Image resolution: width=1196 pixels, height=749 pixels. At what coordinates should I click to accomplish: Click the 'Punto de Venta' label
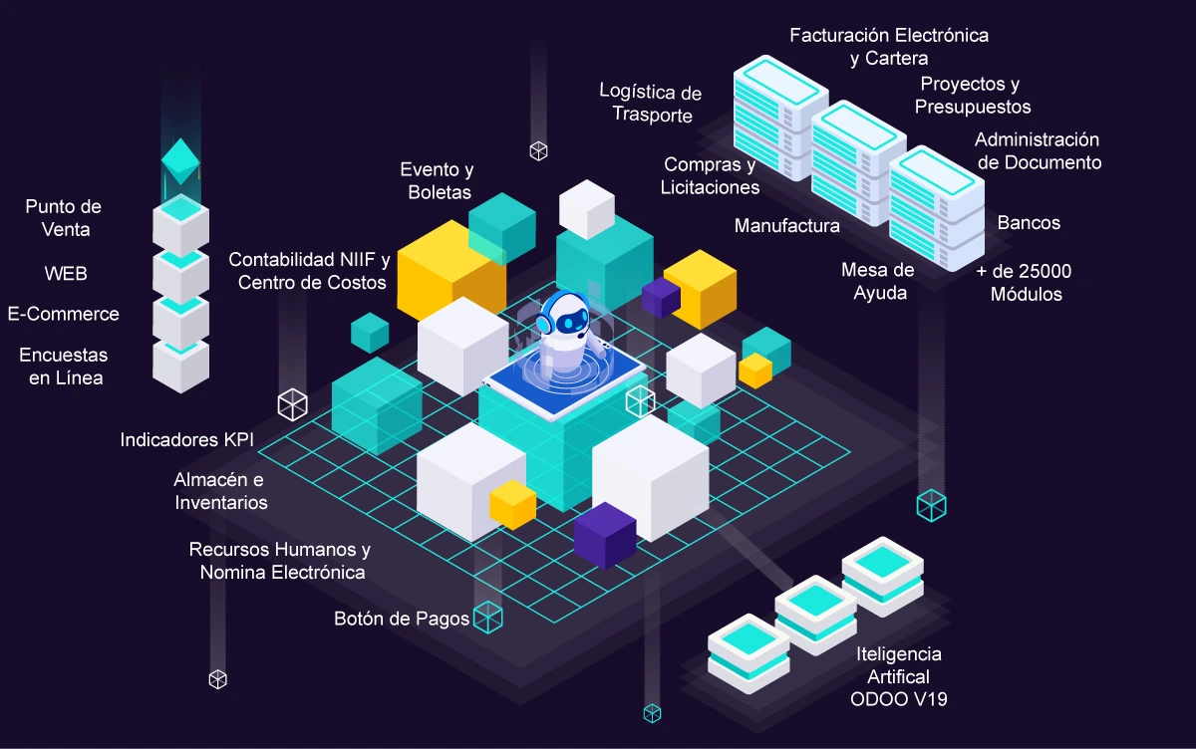(x=64, y=218)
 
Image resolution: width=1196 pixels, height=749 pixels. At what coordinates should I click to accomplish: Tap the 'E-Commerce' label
(x=64, y=314)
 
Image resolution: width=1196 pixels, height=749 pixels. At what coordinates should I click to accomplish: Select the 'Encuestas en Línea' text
(x=64, y=366)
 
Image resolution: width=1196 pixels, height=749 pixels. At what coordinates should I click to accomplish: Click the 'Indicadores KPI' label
(x=187, y=439)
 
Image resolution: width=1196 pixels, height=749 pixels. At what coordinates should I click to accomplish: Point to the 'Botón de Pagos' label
(x=402, y=619)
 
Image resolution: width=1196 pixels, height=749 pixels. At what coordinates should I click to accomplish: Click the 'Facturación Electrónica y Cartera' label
(x=889, y=47)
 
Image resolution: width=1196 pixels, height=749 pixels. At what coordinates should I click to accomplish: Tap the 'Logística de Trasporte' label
(x=651, y=104)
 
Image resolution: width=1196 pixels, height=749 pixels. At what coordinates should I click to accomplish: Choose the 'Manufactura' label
(x=786, y=225)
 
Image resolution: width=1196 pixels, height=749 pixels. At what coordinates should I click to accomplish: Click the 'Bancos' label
(x=1029, y=222)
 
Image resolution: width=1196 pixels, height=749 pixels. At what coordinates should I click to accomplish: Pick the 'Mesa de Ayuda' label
(x=877, y=281)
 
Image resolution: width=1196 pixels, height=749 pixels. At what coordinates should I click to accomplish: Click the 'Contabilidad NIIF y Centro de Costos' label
(x=309, y=270)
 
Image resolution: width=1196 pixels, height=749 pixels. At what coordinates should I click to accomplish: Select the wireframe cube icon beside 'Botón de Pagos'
(x=487, y=618)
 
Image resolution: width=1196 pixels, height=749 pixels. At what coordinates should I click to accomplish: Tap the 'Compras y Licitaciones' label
(x=710, y=175)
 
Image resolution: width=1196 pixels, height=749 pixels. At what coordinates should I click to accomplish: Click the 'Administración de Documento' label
(x=1037, y=150)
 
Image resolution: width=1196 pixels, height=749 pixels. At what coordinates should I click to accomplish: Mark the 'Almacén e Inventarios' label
(x=220, y=491)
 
